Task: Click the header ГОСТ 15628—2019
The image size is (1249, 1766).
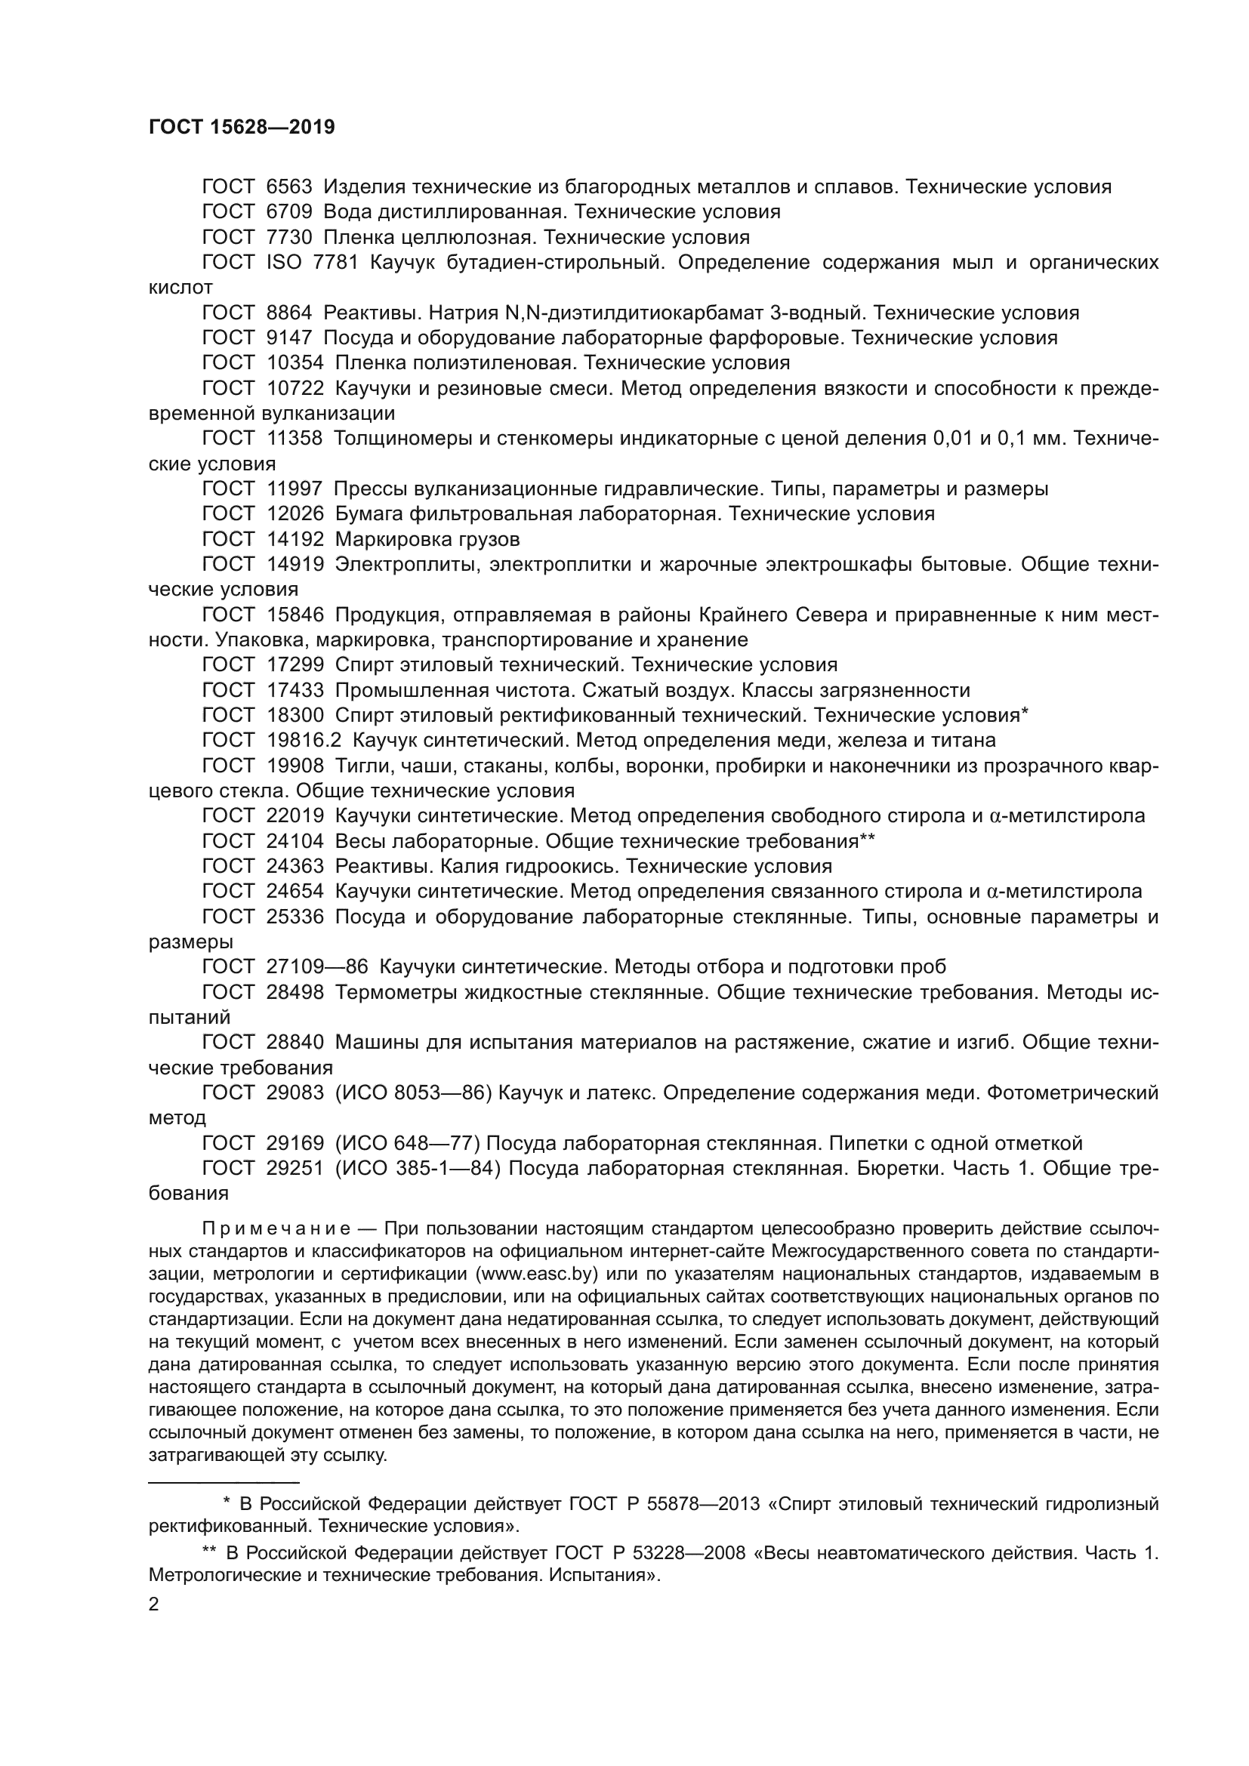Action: point(242,128)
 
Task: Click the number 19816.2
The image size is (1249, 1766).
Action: point(304,740)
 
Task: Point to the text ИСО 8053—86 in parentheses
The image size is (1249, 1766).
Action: point(414,1093)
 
